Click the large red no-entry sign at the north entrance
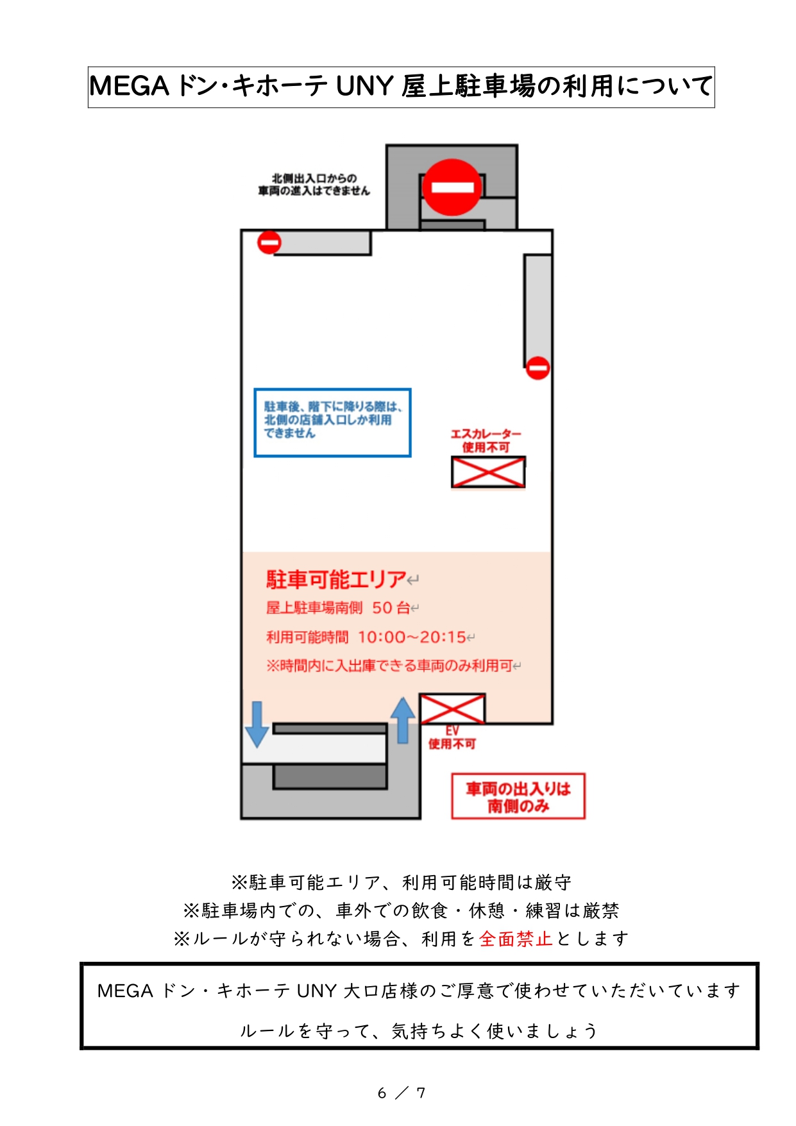tap(452, 187)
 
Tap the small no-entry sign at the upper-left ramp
tap(269, 243)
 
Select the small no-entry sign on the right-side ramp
tap(538, 368)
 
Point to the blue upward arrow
tap(403, 720)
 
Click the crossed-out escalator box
tap(488, 472)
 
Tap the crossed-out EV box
tap(452, 708)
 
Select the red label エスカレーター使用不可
tap(486, 441)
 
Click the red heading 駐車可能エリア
tap(337, 579)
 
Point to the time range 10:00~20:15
tap(412, 637)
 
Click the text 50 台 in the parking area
tap(391, 608)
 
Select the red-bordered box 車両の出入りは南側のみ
tap(518, 796)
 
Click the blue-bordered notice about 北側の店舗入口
tap(332, 422)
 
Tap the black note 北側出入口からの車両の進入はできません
tap(314, 184)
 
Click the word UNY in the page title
tap(364, 87)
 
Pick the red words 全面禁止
tap(516, 939)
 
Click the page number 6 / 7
tap(402, 1093)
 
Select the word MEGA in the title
tap(129, 87)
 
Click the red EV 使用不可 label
tap(452, 738)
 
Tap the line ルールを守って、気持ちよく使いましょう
tap(419, 1031)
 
